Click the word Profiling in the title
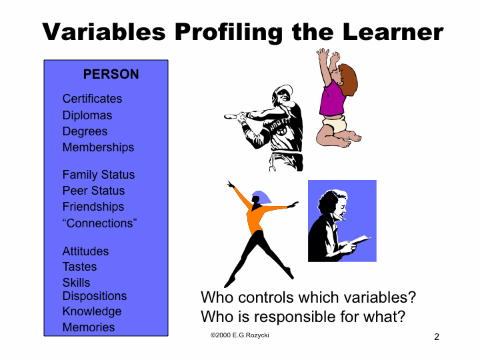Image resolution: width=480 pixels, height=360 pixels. click(x=229, y=32)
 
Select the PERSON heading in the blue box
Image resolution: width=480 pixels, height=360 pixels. click(x=111, y=74)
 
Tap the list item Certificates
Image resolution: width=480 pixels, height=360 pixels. click(x=92, y=99)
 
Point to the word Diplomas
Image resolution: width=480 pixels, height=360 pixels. click(x=87, y=115)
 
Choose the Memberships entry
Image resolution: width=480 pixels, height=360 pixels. click(x=98, y=147)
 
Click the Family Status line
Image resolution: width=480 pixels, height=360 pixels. click(x=99, y=175)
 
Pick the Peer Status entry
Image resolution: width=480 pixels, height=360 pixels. click(x=94, y=191)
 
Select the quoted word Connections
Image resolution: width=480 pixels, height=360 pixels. click(x=99, y=223)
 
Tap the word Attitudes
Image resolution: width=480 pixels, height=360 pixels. click(x=85, y=251)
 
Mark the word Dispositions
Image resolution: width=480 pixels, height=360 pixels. click(x=95, y=296)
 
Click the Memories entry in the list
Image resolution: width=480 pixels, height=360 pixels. click(x=89, y=327)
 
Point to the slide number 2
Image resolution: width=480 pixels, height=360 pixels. click(x=437, y=337)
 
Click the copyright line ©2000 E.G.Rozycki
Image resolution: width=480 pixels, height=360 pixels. click(x=240, y=335)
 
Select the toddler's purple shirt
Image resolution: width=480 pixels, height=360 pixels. click(x=332, y=99)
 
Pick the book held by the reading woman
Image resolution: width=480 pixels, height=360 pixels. click(x=361, y=240)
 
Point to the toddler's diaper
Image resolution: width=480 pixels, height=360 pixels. click(x=334, y=124)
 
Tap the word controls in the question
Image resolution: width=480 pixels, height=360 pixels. click(x=266, y=297)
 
